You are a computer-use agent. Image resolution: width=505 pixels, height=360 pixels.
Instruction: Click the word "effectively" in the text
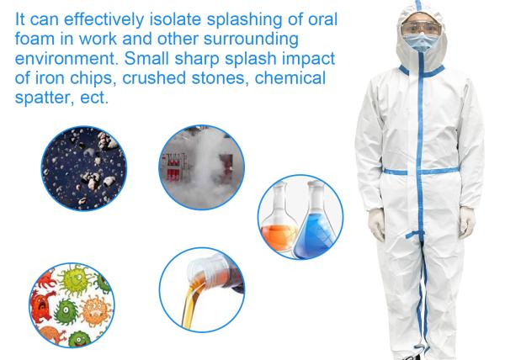pyautogui.click(x=104, y=19)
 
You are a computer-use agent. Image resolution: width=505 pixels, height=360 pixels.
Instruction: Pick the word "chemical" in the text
pyautogui.click(x=290, y=78)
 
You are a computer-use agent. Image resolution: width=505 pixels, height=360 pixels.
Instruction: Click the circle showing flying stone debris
pyautogui.click(x=84, y=168)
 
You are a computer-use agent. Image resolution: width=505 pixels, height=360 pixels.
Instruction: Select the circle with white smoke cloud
pyautogui.click(x=202, y=167)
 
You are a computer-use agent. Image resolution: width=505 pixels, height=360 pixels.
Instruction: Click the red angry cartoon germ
pyautogui.click(x=41, y=304)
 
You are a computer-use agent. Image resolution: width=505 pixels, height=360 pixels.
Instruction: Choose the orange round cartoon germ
pyautogui.click(x=94, y=310)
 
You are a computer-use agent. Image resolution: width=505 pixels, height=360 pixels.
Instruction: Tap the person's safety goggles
pyautogui.click(x=421, y=29)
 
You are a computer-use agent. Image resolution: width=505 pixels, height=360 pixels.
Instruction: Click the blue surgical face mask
pyautogui.click(x=421, y=42)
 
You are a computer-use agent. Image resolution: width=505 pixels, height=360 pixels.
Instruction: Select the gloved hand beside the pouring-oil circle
pyautogui.click(x=377, y=224)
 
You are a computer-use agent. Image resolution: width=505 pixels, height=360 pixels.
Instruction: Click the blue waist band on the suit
pyautogui.click(x=421, y=171)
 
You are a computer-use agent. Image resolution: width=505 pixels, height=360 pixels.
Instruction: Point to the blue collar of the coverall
pyautogui.click(x=422, y=71)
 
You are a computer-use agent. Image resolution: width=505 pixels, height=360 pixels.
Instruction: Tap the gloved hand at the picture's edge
pyautogui.click(x=466, y=222)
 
